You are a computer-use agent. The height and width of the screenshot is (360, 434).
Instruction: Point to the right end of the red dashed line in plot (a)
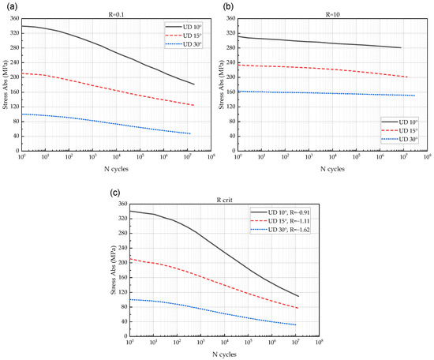click(194, 105)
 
